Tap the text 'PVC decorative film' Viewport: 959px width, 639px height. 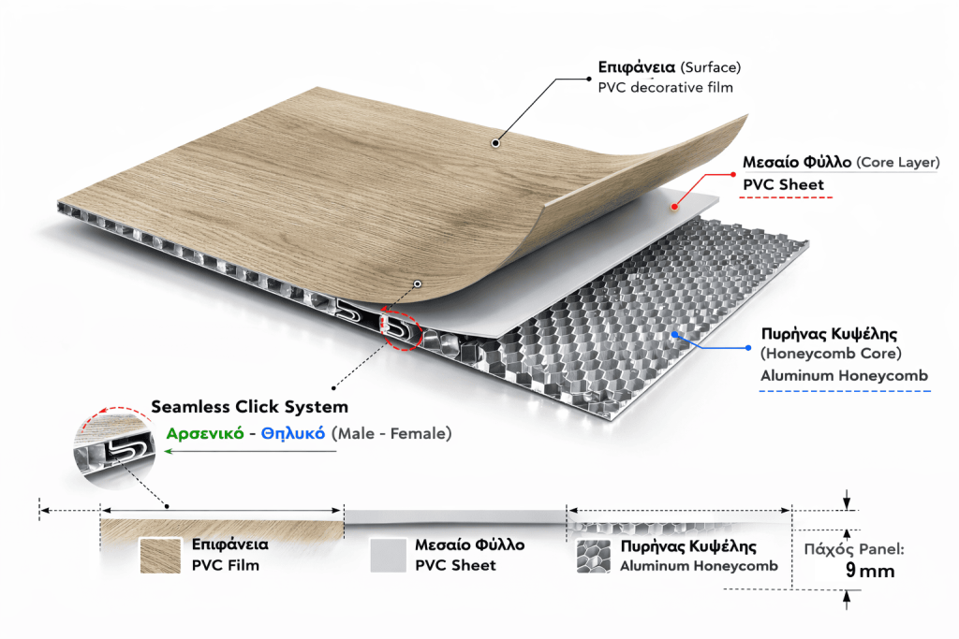665,88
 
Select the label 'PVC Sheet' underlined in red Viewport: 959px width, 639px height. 784,184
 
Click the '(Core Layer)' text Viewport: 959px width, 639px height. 897,163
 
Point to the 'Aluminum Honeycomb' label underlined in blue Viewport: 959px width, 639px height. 844,375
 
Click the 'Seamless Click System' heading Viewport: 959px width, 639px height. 249,407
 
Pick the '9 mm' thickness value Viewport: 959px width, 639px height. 870,571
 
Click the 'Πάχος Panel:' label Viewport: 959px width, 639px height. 851,549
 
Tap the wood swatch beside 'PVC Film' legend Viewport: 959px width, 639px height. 160,556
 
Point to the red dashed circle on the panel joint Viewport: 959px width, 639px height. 404,327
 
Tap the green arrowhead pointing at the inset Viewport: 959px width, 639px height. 170,452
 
